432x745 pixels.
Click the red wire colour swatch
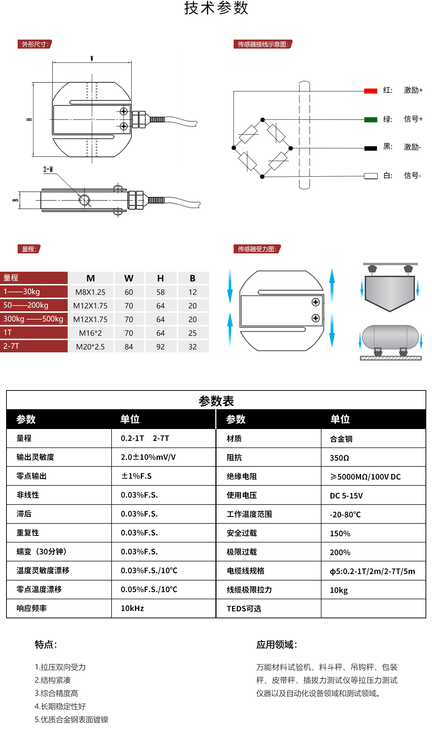click(x=370, y=91)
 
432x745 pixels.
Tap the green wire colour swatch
click(x=370, y=120)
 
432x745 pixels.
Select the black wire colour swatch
click(x=370, y=148)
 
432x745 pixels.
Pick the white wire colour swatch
click(x=370, y=176)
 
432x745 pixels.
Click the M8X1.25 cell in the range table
click(x=90, y=292)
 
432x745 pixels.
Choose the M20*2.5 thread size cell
click(x=90, y=347)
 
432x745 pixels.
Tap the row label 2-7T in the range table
click(x=12, y=346)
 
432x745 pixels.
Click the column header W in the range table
click(x=129, y=278)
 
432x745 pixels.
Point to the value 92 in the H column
click(x=161, y=347)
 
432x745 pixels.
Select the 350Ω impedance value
click(x=339, y=458)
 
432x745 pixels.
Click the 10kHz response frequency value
click(x=132, y=608)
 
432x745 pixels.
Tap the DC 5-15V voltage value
click(x=346, y=496)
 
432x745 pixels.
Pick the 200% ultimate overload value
click(x=340, y=552)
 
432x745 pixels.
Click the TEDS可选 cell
click(x=244, y=609)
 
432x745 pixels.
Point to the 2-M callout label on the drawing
click(x=48, y=169)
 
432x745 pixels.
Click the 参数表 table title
click(x=216, y=401)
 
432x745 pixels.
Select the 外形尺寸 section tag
click(x=35, y=44)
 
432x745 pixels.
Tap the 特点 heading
click(x=46, y=645)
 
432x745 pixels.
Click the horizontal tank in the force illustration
click(x=390, y=338)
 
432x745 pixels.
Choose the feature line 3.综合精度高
click(x=57, y=693)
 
